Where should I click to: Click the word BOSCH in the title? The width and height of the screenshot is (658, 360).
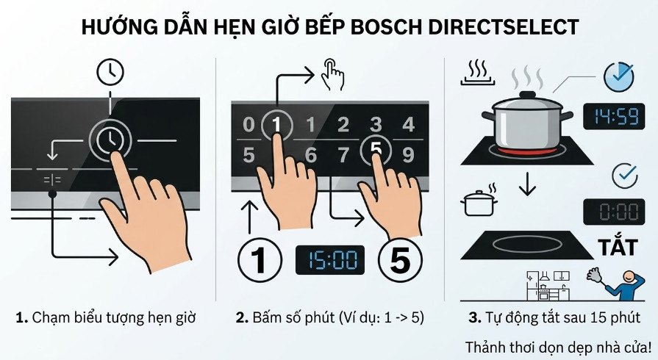point(390,27)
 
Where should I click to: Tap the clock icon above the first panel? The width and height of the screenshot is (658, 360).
point(111,71)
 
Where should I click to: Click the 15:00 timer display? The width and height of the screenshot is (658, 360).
point(330,260)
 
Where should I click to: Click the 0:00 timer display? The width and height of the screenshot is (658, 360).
point(609,212)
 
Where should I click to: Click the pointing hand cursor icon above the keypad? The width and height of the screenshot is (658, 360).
point(332,76)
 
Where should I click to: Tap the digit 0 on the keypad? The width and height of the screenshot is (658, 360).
point(248,126)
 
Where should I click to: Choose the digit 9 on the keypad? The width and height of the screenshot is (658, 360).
point(409,155)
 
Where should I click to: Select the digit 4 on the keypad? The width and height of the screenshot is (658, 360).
point(409,124)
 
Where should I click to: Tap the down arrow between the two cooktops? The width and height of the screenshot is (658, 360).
point(526,186)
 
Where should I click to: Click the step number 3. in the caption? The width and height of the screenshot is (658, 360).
point(475,318)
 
